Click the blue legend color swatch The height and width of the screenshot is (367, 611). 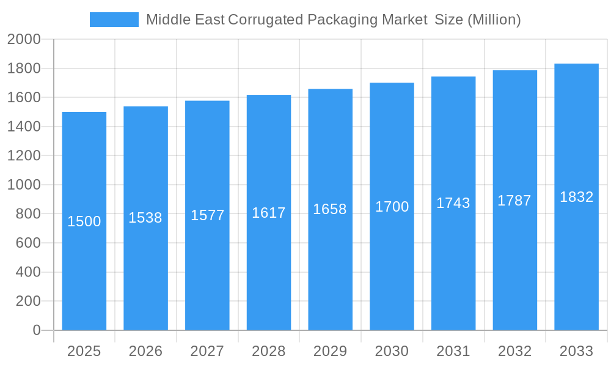click(114, 20)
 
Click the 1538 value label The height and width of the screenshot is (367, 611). click(145, 218)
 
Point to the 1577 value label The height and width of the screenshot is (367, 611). click(207, 215)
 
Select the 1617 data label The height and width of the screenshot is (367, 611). click(269, 213)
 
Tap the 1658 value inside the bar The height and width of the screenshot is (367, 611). click(330, 209)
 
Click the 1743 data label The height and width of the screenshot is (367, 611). click(453, 203)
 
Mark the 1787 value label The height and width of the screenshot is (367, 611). click(514, 201)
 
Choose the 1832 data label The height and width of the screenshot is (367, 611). click(576, 197)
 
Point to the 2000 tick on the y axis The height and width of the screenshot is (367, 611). click(24, 39)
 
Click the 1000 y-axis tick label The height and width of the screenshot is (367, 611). click(24, 185)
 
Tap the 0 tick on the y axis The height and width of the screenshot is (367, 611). click(36, 330)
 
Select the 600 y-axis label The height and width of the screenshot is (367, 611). click(27, 243)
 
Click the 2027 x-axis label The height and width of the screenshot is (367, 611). click(207, 351)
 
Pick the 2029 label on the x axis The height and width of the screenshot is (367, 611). click(330, 351)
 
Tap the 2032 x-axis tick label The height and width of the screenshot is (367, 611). click(514, 351)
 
